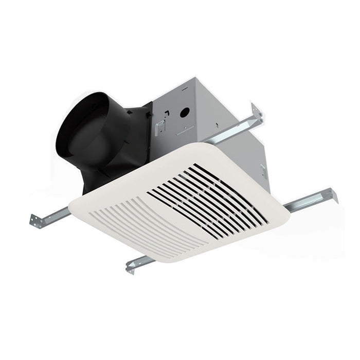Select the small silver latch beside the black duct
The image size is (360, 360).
tap(160, 124)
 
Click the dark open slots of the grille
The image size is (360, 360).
tap(216, 198)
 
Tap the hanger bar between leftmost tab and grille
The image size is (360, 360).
tap(57, 213)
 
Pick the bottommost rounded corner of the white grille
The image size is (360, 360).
tap(170, 260)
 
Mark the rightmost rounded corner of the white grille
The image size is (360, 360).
tap(285, 216)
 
